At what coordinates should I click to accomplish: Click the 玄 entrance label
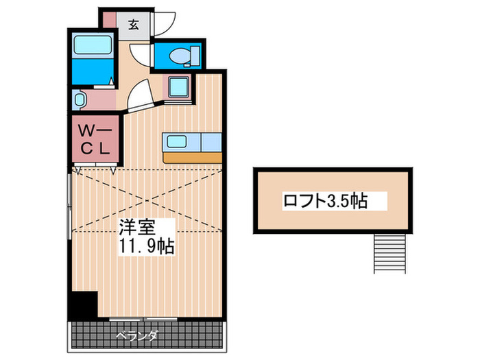[x=134, y=25]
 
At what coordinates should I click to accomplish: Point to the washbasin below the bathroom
[x=79, y=100]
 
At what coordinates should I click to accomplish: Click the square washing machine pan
[x=178, y=87]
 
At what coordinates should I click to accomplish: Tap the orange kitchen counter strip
[x=192, y=157]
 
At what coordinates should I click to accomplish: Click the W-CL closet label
[x=95, y=139]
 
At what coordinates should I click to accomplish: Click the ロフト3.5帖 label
[x=325, y=201]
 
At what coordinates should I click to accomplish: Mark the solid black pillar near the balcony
[x=83, y=304]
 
